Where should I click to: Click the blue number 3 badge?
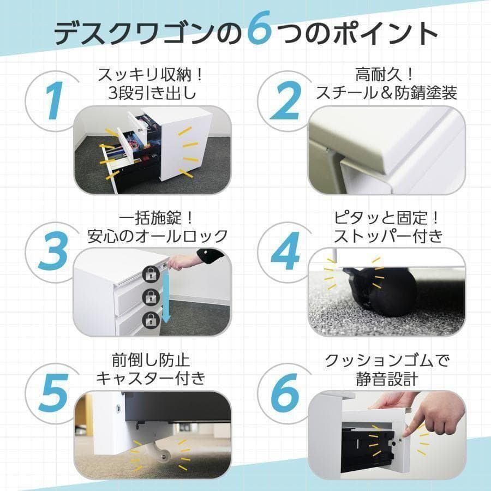click(52, 251)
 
